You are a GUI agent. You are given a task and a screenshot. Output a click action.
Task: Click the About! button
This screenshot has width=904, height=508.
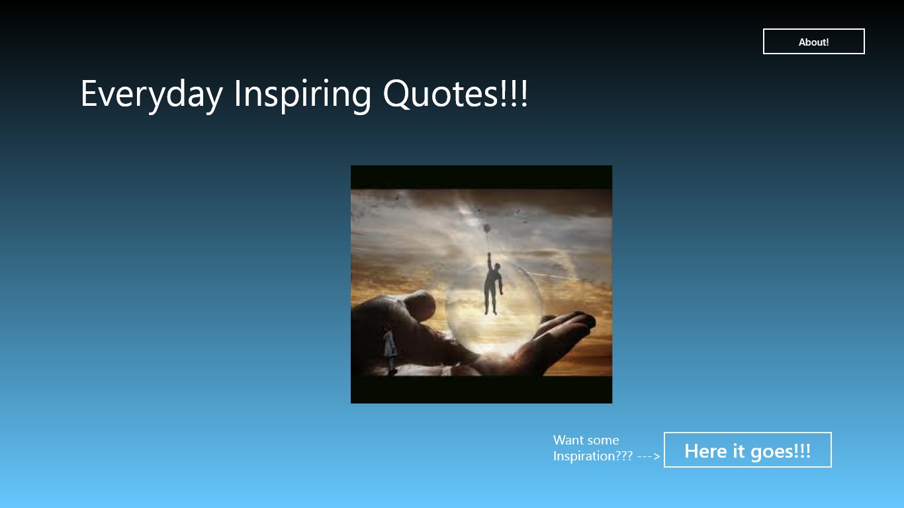(813, 41)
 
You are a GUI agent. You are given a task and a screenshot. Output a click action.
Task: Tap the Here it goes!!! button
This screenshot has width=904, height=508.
(747, 450)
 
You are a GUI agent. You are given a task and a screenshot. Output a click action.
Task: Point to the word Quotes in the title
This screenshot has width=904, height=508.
(441, 94)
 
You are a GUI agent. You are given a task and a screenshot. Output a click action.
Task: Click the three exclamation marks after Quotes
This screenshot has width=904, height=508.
(514, 93)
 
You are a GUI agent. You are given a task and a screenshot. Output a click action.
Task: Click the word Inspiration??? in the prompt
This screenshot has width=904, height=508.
(593, 456)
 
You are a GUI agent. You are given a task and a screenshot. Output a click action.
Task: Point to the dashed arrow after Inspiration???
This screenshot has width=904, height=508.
(649, 456)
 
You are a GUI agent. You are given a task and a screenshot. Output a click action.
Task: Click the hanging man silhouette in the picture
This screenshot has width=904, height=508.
(493, 284)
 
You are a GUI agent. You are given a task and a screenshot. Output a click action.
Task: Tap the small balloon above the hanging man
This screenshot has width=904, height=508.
(486, 228)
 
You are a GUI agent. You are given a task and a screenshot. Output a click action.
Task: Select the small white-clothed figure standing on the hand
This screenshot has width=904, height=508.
(389, 350)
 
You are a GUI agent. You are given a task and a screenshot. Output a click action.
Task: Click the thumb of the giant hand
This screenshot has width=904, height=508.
(420, 306)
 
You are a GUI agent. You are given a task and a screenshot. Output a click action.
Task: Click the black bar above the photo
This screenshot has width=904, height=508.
(481, 177)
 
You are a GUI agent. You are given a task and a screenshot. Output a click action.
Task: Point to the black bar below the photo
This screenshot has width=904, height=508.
(481, 390)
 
